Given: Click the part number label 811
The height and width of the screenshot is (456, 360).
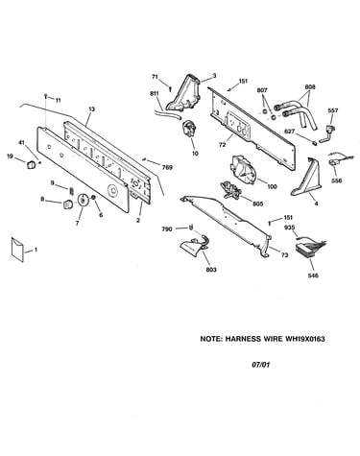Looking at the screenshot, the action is pyautogui.click(x=155, y=94).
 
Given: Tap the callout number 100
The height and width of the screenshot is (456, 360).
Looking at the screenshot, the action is pyautogui.click(x=272, y=186).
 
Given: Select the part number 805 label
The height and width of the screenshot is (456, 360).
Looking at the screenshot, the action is pyautogui.click(x=258, y=204).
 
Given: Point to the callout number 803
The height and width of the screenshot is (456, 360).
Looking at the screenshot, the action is pyautogui.click(x=211, y=270).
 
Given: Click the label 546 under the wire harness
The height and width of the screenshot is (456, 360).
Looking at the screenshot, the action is pyautogui.click(x=313, y=276).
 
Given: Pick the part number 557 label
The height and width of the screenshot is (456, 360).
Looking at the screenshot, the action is pyautogui.click(x=333, y=110).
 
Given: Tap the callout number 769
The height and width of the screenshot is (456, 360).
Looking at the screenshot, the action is pyautogui.click(x=167, y=167).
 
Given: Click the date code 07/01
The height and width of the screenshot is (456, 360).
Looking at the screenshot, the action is pyautogui.click(x=260, y=365).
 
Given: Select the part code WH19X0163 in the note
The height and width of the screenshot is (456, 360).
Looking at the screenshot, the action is pyautogui.click(x=305, y=339).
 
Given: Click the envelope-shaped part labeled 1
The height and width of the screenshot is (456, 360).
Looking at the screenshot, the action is pyautogui.click(x=18, y=250).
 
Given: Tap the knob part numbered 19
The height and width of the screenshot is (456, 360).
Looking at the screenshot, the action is pyautogui.click(x=31, y=165).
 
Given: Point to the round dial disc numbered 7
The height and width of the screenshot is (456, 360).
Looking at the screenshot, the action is pyautogui.click(x=83, y=200).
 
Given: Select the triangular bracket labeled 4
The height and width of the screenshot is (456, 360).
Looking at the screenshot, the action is pyautogui.click(x=306, y=178).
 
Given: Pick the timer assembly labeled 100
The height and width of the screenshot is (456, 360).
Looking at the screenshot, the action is pyautogui.click(x=242, y=168).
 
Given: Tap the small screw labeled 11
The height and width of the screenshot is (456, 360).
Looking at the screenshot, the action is pyautogui.click(x=46, y=96).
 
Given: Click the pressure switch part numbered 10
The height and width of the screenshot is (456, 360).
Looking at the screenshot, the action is pyautogui.click(x=189, y=129).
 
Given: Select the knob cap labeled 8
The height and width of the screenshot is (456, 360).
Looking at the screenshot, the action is pyautogui.click(x=67, y=204).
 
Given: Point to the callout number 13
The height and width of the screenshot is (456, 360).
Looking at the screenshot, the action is pyautogui.click(x=92, y=109).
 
